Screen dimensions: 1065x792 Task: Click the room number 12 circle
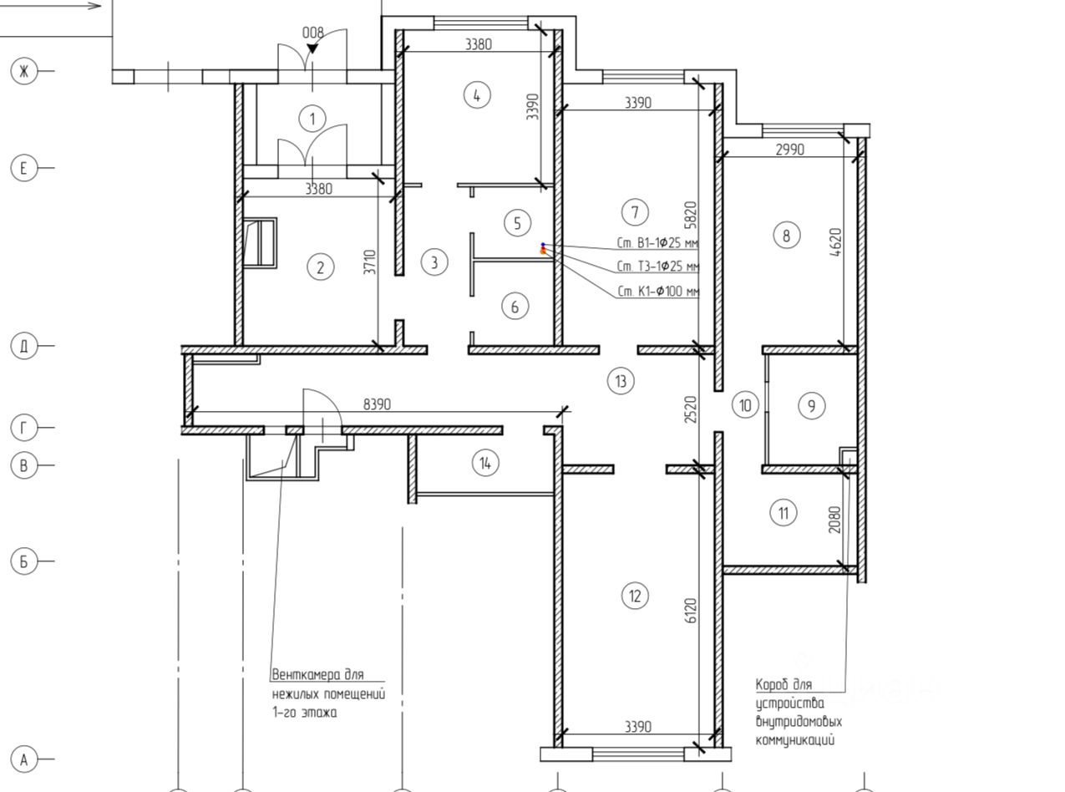pos(635,596)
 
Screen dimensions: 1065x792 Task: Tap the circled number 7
pos(635,212)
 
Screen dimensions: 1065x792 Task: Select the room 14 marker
pos(485,463)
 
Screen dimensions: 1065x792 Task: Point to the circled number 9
pos(811,406)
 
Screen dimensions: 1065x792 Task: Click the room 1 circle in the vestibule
pos(312,119)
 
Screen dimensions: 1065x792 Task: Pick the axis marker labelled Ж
pos(23,71)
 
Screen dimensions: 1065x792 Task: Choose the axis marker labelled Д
pos(23,345)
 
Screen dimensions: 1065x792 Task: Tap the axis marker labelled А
pos(23,759)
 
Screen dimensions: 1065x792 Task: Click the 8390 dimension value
pos(377,404)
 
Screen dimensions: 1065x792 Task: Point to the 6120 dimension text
pos(690,611)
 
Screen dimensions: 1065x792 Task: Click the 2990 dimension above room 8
pos(790,150)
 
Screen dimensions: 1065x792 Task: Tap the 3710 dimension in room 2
pos(370,261)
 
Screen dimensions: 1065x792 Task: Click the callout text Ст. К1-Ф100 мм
pos(658,291)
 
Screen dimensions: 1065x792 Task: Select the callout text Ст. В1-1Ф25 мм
pos(657,243)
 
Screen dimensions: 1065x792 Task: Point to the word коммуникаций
pos(795,740)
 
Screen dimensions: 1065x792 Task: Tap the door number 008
pos(312,33)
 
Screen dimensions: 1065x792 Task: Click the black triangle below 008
pos(312,48)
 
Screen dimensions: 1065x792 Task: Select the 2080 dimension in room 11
pos(835,519)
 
